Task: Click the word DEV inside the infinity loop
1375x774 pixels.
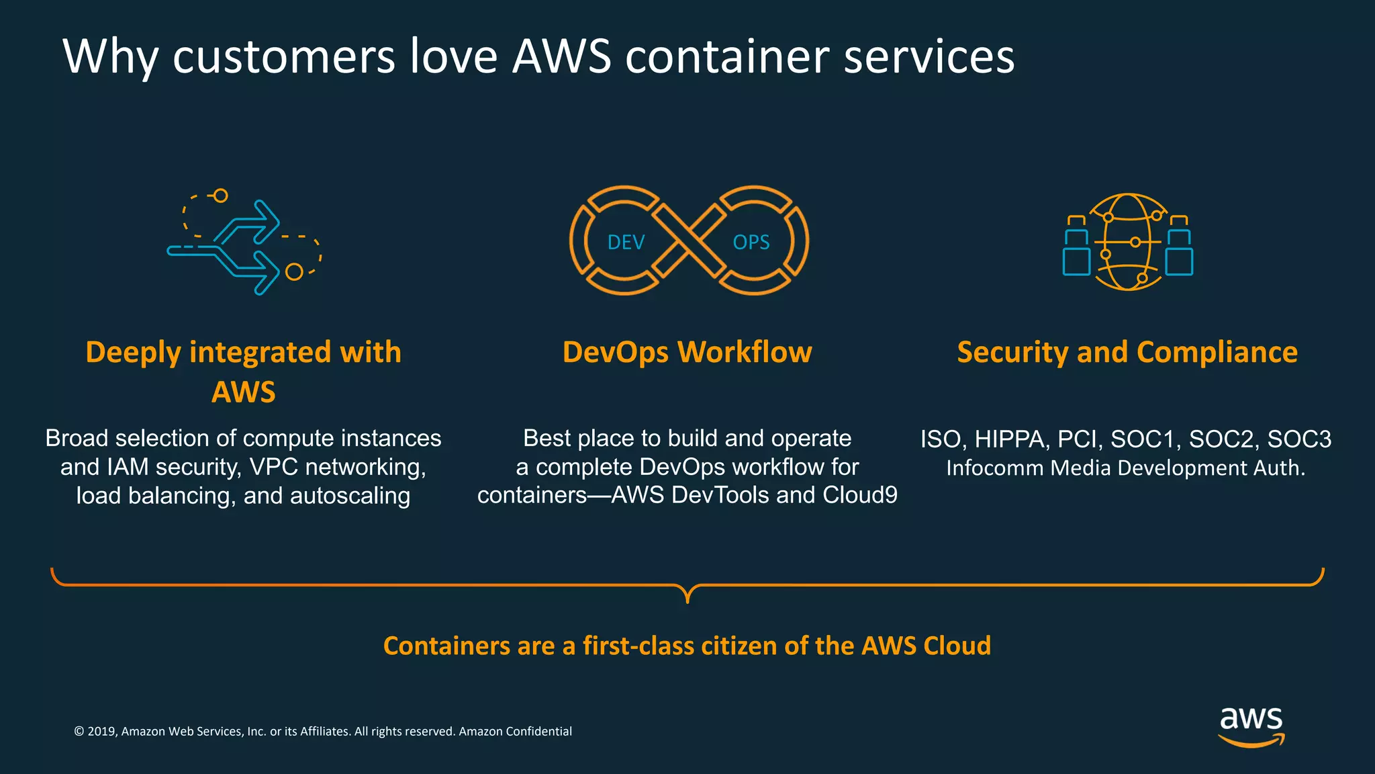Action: (x=626, y=243)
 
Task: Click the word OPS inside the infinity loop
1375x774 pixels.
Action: (x=751, y=243)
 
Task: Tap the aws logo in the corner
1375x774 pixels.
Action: (x=1251, y=726)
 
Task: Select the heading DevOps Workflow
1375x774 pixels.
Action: (x=687, y=352)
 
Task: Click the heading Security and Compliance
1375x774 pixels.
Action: (x=1127, y=352)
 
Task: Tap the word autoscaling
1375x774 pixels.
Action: (x=350, y=496)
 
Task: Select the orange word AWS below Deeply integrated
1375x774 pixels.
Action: (x=244, y=392)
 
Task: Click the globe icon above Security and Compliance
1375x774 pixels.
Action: (x=1128, y=242)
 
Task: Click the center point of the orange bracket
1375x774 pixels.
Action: (x=687, y=594)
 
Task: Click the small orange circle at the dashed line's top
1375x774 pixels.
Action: (x=220, y=196)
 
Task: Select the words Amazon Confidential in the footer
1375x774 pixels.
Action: (x=515, y=732)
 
